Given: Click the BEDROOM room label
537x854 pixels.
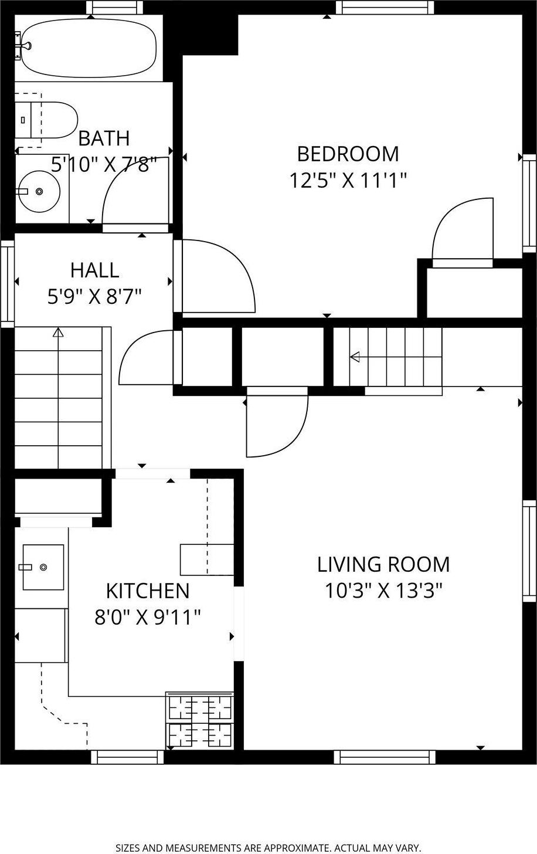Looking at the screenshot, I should pyautogui.click(x=348, y=154).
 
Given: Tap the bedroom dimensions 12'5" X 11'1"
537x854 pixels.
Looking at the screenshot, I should pyautogui.click(x=348, y=179).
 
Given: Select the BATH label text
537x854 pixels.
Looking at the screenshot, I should pyautogui.click(x=104, y=138).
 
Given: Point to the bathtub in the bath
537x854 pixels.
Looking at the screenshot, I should pyautogui.click(x=88, y=48).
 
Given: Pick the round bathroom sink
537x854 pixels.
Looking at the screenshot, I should pyautogui.click(x=39, y=191).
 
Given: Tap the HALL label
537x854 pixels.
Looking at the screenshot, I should pyautogui.click(x=94, y=270).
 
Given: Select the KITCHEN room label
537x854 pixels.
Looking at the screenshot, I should pyautogui.click(x=148, y=590).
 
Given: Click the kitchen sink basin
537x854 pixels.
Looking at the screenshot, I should pyautogui.click(x=43, y=567).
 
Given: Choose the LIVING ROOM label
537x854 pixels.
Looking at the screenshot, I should pyautogui.click(x=383, y=564).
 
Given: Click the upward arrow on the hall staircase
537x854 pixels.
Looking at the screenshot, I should pyautogui.click(x=57, y=333).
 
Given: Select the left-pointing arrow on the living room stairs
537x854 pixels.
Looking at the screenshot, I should pyautogui.click(x=354, y=357).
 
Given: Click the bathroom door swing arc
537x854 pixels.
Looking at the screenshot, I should pyautogui.click(x=126, y=188).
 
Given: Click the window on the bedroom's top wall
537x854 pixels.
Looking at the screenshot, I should pyautogui.click(x=385, y=7).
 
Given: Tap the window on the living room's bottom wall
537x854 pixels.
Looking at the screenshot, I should pyautogui.click(x=385, y=757).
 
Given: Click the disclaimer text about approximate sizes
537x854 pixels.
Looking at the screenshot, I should pyautogui.click(x=268, y=848).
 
